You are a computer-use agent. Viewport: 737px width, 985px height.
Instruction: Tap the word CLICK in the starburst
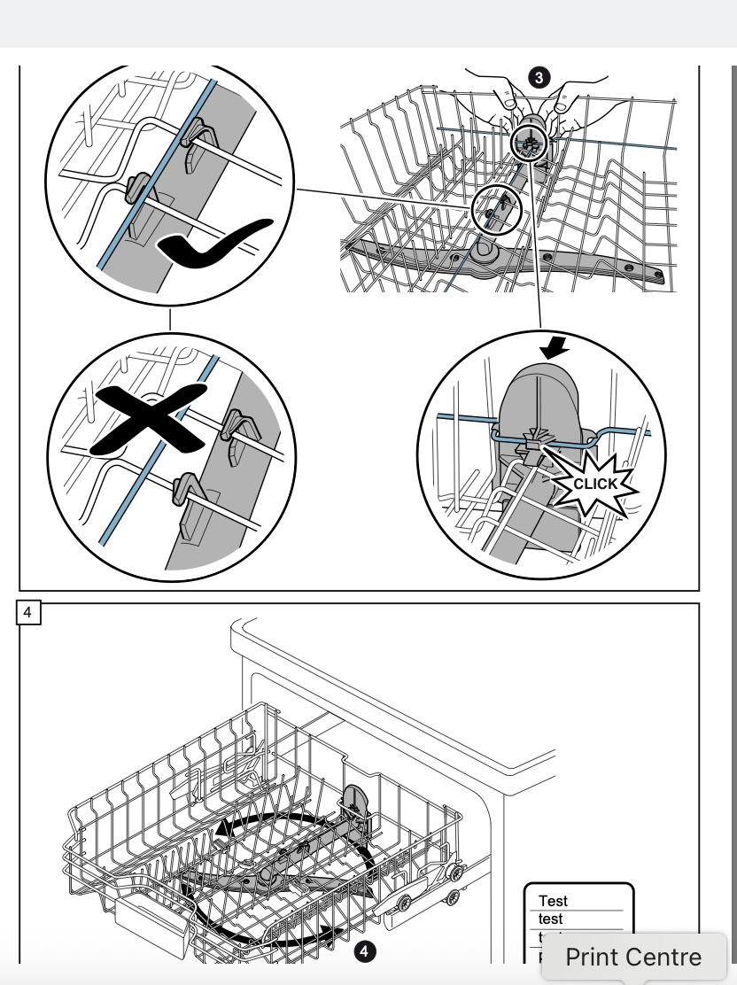click(595, 484)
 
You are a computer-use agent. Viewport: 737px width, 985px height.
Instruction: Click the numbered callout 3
click(538, 78)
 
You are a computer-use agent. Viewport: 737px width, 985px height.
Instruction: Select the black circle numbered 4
click(364, 951)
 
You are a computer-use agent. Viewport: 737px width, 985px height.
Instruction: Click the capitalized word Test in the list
click(553, 901)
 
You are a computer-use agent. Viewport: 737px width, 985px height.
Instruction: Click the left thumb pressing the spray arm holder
click(510, 100)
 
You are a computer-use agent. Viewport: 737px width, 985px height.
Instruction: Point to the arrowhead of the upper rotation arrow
click(222, 829)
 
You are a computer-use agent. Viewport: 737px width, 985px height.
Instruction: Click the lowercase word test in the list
click(551, 919)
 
